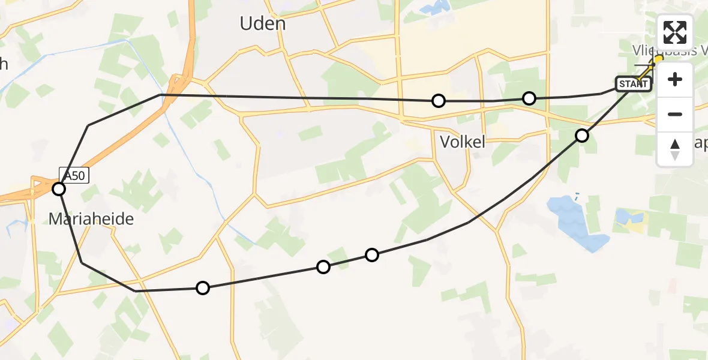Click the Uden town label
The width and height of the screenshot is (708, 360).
262,24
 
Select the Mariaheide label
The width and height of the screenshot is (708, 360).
91,219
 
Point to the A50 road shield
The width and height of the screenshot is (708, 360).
74,175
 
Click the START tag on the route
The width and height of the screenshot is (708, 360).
633,84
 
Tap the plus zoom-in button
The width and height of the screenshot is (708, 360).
675,79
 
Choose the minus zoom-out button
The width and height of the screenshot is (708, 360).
675,114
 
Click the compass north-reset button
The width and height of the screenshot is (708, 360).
675,149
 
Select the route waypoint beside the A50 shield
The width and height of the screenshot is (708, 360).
59,190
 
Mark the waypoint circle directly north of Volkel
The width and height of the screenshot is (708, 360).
439,101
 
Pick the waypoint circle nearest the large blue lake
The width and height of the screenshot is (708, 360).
582,136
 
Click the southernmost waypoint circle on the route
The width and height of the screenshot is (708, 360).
203,289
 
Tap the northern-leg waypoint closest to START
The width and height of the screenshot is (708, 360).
529,98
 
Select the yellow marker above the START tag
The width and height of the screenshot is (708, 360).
658,59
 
